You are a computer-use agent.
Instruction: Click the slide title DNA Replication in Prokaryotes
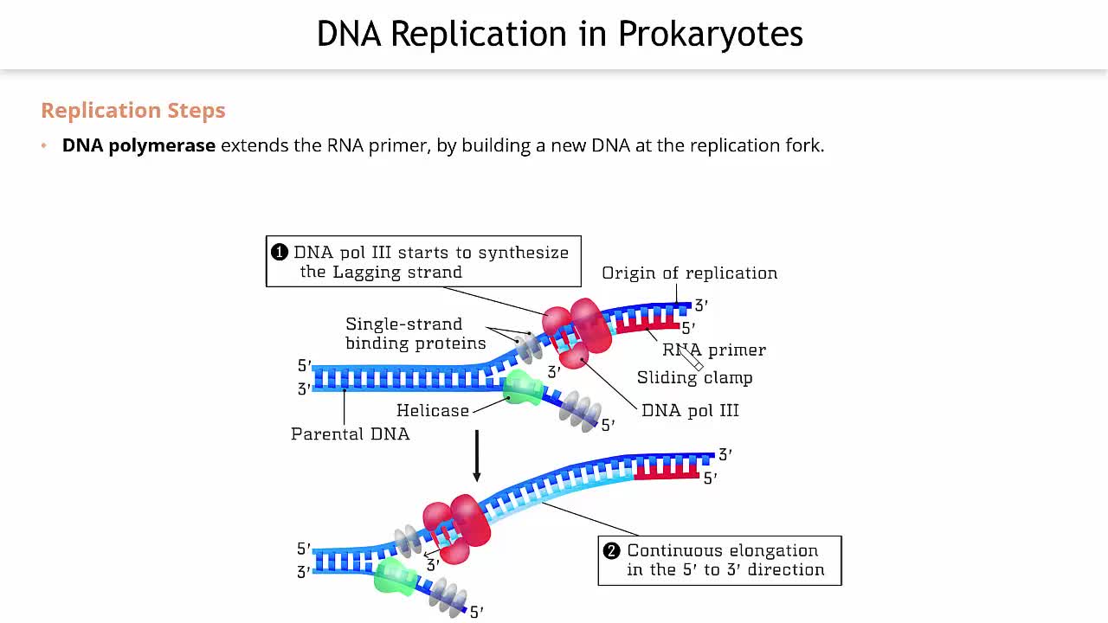[559, 35]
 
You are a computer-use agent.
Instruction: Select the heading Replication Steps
[133, 111]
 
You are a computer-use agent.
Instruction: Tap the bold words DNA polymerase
[138, 145]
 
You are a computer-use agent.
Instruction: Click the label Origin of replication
[689, 273]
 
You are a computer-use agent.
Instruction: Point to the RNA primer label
[714, 350]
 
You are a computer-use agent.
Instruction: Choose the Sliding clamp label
[694, 378]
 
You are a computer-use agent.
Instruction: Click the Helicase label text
[432, 411]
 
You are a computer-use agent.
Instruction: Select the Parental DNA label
[350, 434]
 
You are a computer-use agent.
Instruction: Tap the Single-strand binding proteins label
[415, 334]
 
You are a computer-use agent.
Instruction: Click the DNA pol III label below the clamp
[690, 411]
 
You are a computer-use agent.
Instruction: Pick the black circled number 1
[279, 253]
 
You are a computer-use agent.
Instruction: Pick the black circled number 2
[612, 551]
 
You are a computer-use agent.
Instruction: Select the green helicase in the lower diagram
[395, 575]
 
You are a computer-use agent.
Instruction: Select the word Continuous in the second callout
[673, 551]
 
